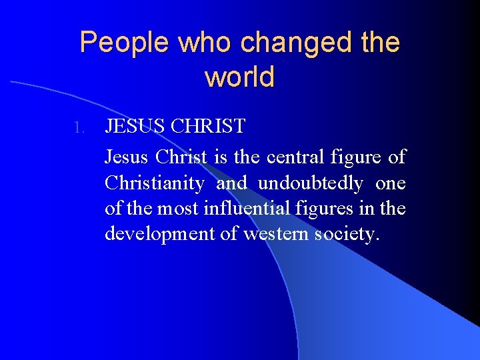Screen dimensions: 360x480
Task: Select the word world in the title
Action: coord(239,77)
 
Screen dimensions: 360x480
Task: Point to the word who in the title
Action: coord(199,43)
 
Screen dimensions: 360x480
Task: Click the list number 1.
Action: coord(79,127)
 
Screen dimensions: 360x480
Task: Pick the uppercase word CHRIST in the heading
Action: coord(208,125)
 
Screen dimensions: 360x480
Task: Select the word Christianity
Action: coord(154,183)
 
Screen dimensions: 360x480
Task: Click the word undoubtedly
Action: coord(310,183)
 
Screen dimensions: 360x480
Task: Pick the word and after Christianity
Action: coord(231,183)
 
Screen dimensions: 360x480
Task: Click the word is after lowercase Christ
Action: coord(221,158)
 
